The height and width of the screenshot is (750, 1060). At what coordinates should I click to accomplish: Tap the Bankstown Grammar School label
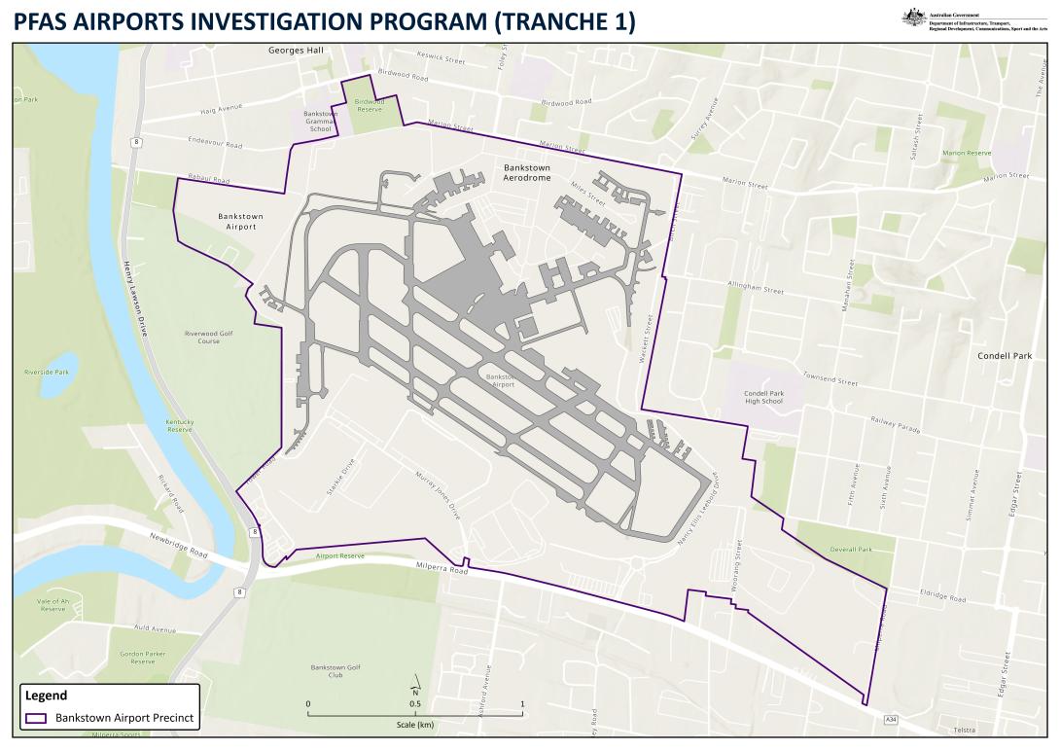coord(320,121)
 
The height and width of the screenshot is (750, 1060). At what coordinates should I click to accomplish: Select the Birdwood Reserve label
coord(370,105)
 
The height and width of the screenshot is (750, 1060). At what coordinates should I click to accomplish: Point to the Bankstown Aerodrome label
coord(527,173)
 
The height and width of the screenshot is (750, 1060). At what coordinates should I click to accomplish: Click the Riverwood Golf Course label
coord(209,338)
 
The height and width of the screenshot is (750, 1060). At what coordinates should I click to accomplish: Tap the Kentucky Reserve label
coord(179,425)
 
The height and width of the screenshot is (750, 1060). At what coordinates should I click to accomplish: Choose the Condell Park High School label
coord(763,397)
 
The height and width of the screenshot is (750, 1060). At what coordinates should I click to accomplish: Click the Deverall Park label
coord(851,550)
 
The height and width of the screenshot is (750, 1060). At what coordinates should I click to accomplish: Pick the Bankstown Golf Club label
coord(336,670)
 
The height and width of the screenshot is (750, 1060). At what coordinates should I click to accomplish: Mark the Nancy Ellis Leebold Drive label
coord(699,516)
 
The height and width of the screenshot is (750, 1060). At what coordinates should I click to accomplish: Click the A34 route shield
coord(891,719)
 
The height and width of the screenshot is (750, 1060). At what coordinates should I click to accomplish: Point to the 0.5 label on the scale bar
coord(415,703)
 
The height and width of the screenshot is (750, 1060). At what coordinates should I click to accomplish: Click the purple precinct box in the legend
coord(36,719)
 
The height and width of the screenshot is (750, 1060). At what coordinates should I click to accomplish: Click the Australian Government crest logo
coord(913,18)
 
